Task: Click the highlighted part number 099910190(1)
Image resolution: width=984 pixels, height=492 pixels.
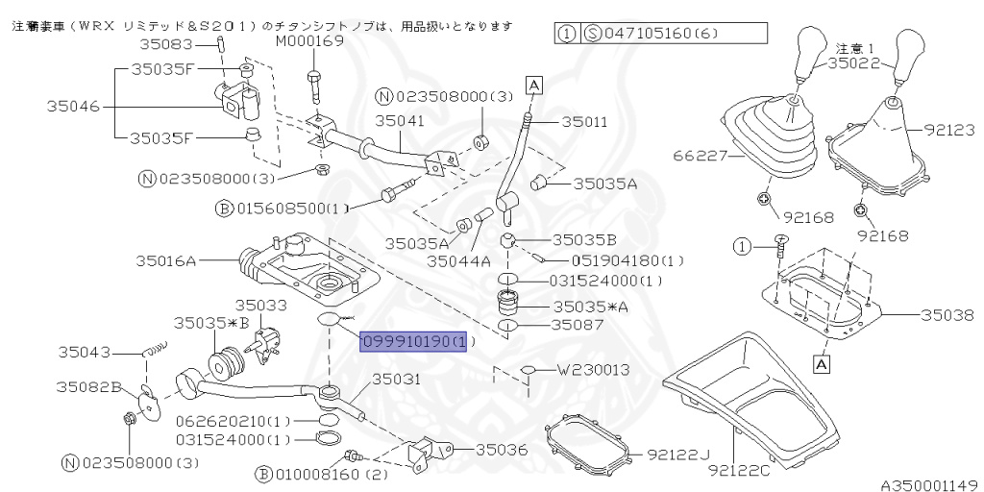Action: pyautogui.click(x=412, y=341)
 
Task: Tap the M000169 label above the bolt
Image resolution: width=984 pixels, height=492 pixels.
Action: pyautogui.click(x=309, y=41)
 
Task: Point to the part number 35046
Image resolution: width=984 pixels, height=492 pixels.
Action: pyautogui.click(x=73, y=108)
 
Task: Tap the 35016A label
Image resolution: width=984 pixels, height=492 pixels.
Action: pyautogui.click(x=165, y=259)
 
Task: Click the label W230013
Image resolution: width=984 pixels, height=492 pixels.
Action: pyautogui.click(x=594, y=369)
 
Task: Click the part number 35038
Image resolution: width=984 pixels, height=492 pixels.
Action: pyautogui.click(x=947, y=314)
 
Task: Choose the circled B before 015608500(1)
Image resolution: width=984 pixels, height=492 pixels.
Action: pyautogui.click(x=224, y=208)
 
